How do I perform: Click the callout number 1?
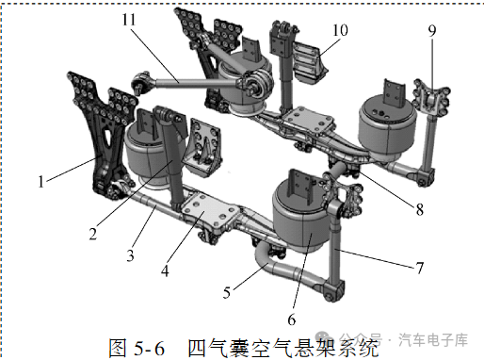[x=41, y=182]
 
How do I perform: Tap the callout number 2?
[x=93, y=234]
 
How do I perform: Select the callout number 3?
[x=131, y=255]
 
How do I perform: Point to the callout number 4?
[x=165, y=270]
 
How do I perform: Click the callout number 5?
[x=227, y=293]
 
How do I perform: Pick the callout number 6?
[x=292, y=319]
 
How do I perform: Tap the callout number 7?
[x=420, y=268]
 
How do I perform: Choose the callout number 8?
[x=420, y=209]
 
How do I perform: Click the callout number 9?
[x=432, y=31]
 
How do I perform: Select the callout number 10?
[x=340, y=30]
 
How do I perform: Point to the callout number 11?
[x=129, y=20]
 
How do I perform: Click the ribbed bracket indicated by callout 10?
[x=309, y=64]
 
